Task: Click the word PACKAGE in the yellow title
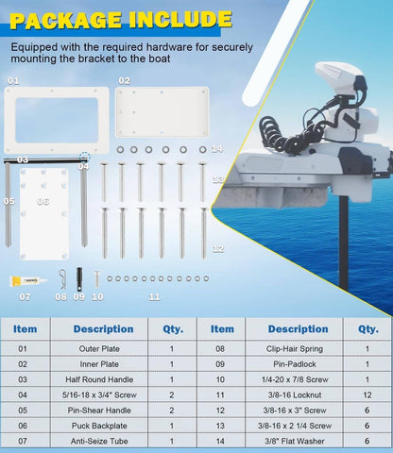click(x=65, y=21)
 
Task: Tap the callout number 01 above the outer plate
click(x=13, y=81)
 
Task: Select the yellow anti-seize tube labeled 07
click(x=27, y=281)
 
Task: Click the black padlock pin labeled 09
click(x=79, y=279)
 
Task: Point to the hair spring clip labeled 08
click(x=62, y=279)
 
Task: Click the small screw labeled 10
click(x=96, y=279)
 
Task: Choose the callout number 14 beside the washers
click(x=216, y=148)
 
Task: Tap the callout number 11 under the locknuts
click(x=154, y=297)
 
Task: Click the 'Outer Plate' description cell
click(x=99, y=348)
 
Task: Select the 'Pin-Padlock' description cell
click(x=295, y=364)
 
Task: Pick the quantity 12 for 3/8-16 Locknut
click(x=367, y=394)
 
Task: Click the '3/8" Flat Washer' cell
click(x=295, y=441)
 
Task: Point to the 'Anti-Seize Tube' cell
click(x=99, y=441)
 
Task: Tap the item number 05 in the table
click(x=23, y=411)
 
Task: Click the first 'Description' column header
click(x=103, y=329)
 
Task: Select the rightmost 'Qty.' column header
click(x=368, y=329)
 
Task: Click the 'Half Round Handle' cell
click(x=99, y=379)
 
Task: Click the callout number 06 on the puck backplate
click(x=43, y=201)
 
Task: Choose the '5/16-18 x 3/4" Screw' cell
click(x=99, y=394)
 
